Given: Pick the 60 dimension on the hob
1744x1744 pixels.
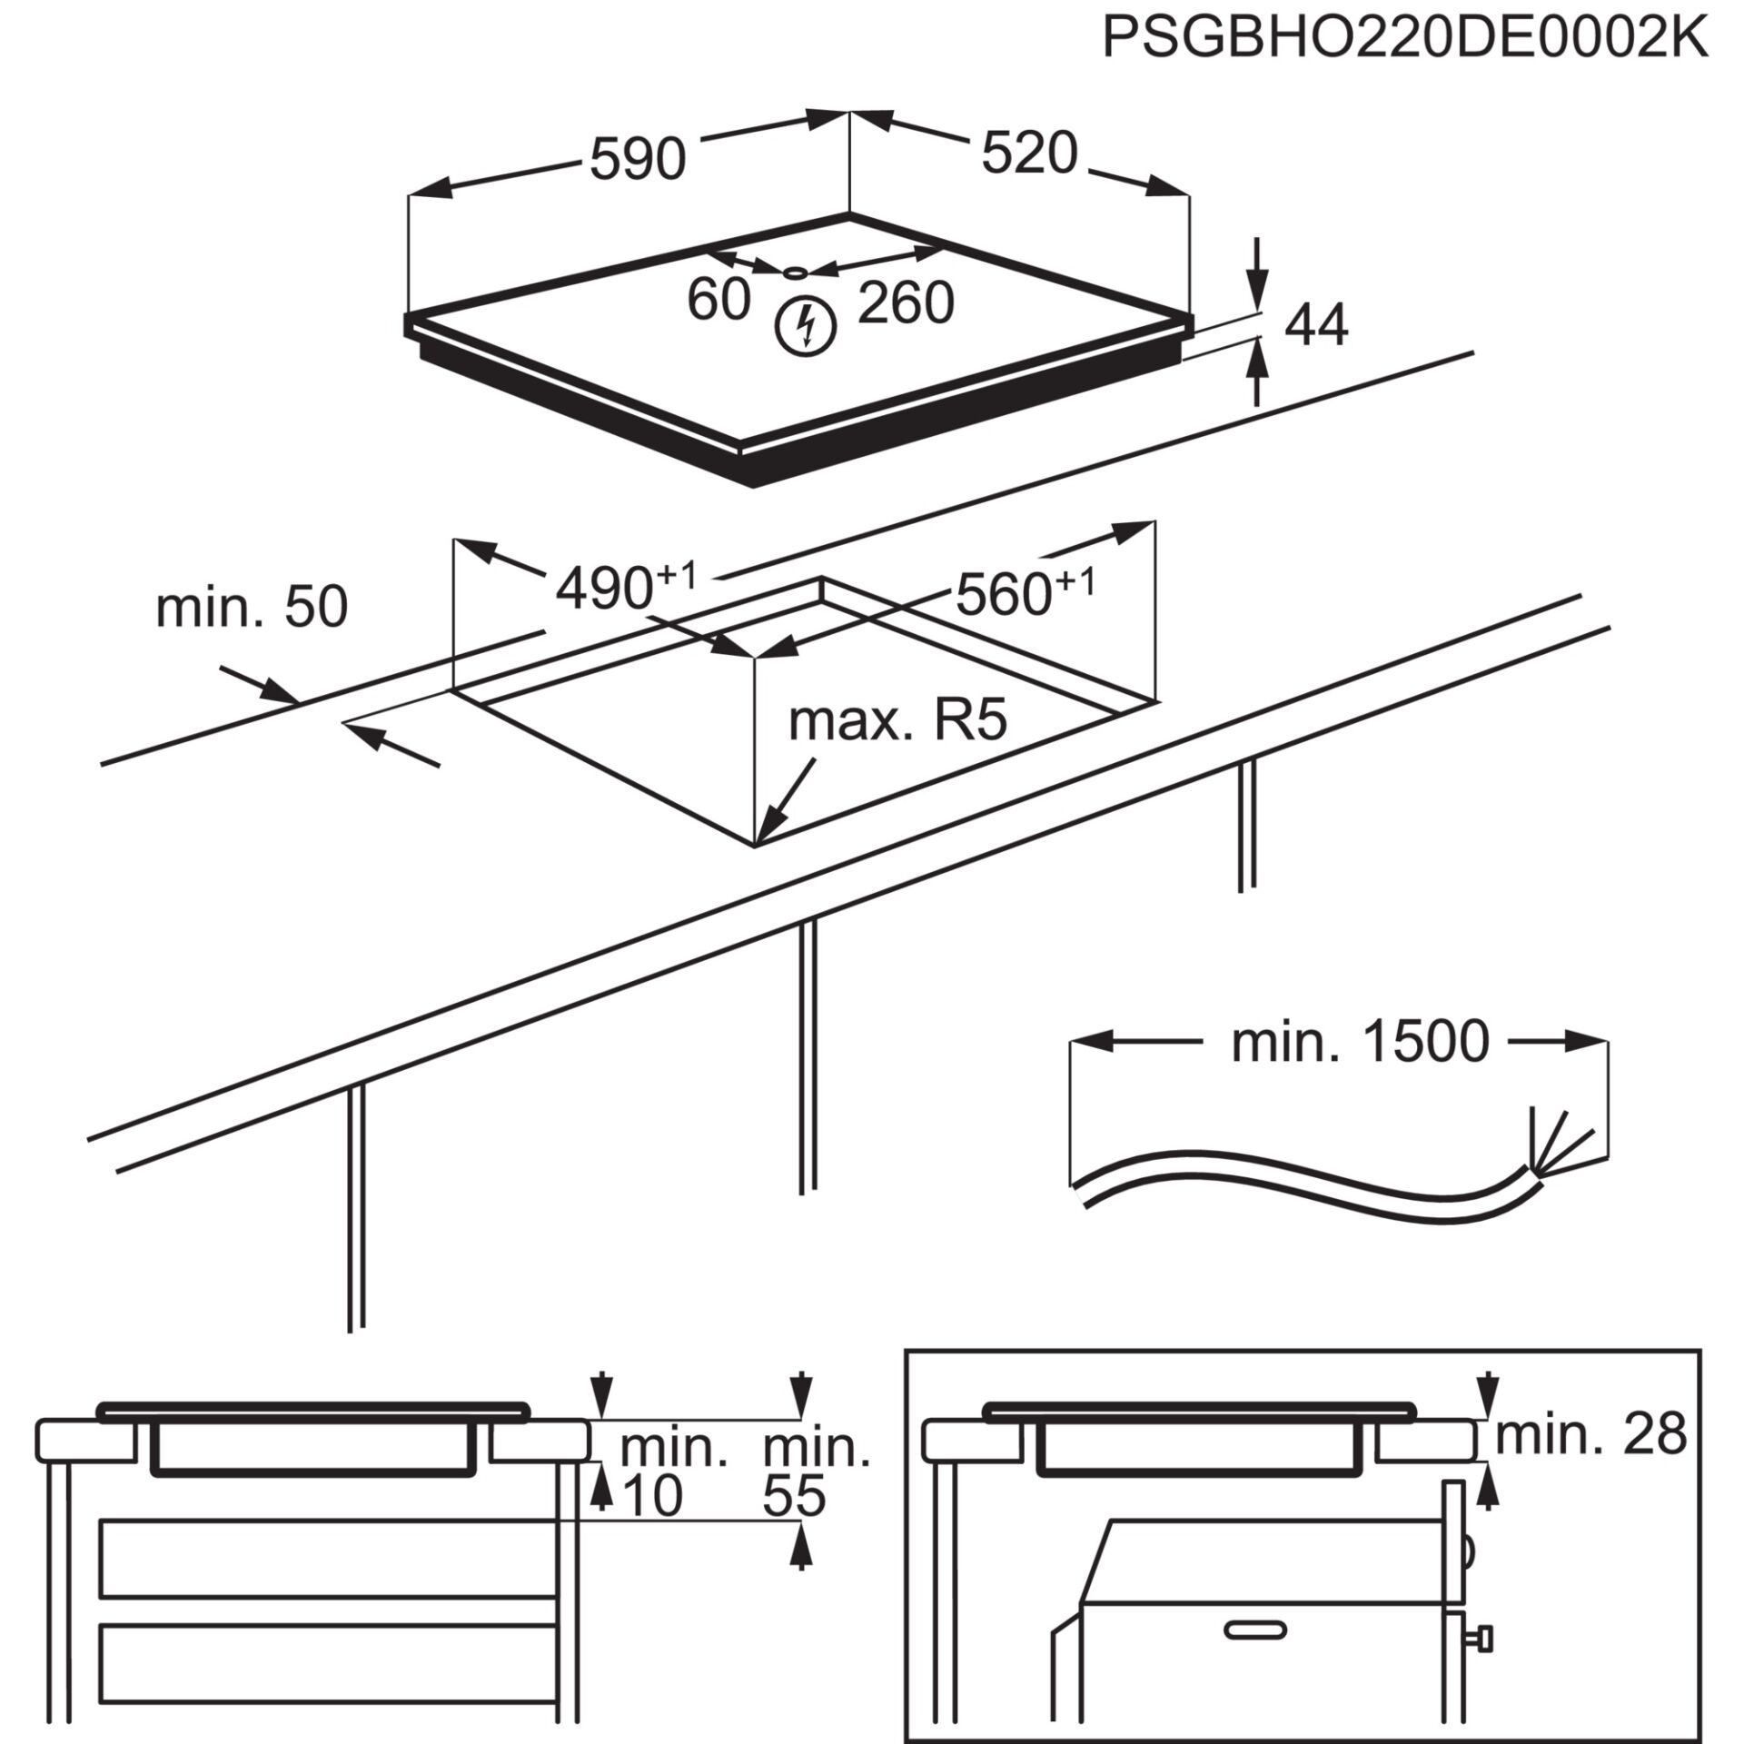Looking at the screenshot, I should (718, 299).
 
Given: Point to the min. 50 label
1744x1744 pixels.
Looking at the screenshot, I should (252, 607).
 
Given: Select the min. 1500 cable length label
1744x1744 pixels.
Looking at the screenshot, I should (1360, 1042).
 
